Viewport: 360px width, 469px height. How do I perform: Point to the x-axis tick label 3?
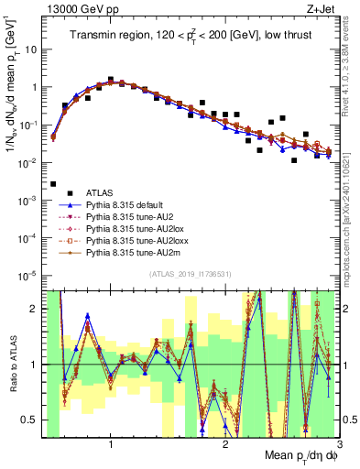coord(339,444)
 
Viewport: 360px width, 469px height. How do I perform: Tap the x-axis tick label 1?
coord(111,444)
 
